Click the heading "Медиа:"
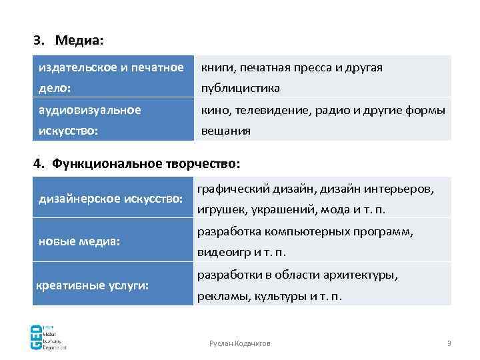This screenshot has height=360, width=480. (x=79, y=41)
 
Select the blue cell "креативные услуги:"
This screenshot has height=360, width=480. (x=92, y=285)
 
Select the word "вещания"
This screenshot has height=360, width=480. (x=226, y=131)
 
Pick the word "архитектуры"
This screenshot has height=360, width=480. (x=365, y=275)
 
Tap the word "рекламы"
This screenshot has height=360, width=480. (x=221, y=297)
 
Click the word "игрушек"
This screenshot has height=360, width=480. (x=220, y=210)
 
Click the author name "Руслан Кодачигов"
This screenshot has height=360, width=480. (x=240, y=343)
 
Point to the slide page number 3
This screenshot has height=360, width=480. (x=449, y=343)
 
